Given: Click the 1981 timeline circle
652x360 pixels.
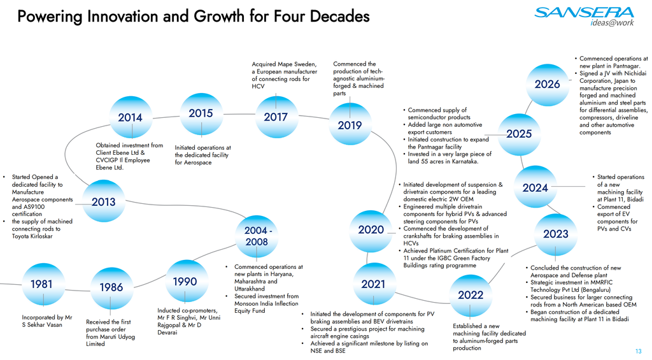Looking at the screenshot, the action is click(43, 284).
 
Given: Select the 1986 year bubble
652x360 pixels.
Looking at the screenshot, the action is click(111, 288).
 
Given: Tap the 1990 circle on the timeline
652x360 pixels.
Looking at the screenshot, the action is click(185, 282).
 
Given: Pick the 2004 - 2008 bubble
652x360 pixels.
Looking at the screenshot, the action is click(257, 236).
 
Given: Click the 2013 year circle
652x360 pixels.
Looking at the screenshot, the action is click(104, 202).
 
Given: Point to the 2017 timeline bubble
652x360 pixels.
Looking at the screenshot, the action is click(276, 117).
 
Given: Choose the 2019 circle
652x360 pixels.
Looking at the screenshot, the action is click(350, 124).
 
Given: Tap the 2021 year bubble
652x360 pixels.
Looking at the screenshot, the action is click(373, 284).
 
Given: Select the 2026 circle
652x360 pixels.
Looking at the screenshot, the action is click(547, 85).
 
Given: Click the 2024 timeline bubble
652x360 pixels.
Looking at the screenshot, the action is click(535, 188).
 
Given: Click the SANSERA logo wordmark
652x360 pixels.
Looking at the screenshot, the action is click(585, 13).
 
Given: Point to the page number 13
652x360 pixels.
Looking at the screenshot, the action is click(638, 352).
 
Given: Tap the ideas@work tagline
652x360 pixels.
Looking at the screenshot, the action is click(612, 23).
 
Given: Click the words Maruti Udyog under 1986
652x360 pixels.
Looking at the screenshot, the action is click(117, 336).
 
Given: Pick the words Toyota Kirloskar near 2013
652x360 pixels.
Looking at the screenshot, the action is click(32, 236).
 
